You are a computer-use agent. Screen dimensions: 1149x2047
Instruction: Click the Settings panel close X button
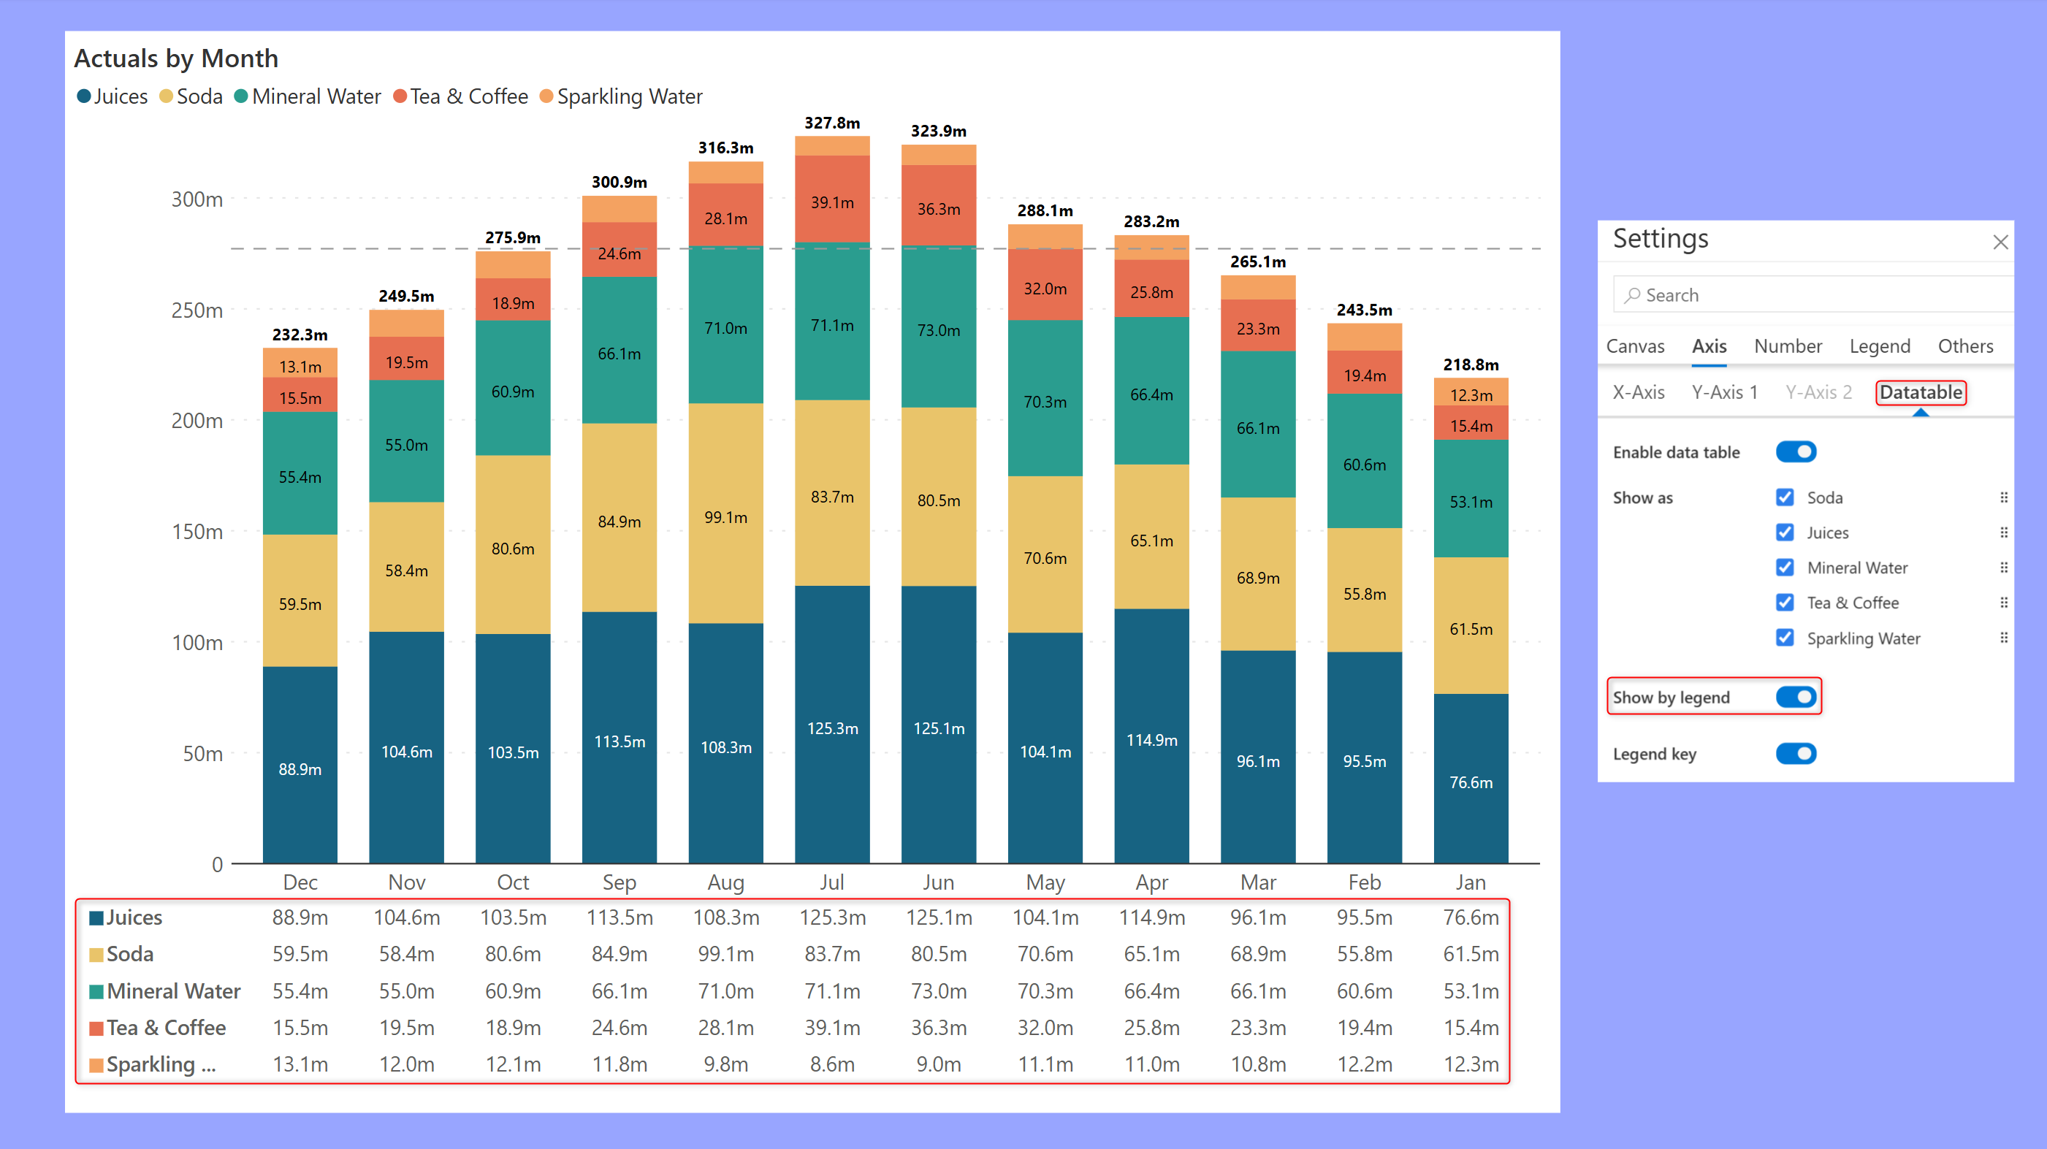(x=2000, y=243)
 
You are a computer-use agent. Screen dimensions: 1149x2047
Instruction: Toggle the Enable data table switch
(x=1795, y=452)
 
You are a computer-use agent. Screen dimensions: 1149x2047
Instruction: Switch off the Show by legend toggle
(x=1795, y=697)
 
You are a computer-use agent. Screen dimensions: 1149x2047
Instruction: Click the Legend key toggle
(x=1795, y=753)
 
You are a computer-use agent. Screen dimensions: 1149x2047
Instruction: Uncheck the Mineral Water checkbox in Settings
(x=1785, y=568)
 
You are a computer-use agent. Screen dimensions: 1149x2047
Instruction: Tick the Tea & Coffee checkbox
(x=1785, y=603)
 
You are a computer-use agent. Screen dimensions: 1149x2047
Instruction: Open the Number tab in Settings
(x=1787, y=346)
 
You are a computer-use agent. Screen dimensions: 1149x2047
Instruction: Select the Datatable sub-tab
(x=1920, y=392)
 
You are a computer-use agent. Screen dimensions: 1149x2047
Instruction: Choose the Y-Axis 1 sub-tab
(x=1723, y=392)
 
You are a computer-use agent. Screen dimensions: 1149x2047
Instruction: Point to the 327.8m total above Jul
(x=832, y=123)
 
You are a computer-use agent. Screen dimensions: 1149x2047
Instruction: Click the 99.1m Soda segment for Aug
(x=725, y=517)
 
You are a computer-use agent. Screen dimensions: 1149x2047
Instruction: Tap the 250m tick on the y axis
(x=197, y=310)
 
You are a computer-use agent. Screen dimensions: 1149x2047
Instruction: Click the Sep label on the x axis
(x=619, y=882)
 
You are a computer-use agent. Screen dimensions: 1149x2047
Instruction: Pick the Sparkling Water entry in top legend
(x=628, y=97)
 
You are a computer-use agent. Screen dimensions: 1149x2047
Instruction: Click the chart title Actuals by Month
(x=176, y=58)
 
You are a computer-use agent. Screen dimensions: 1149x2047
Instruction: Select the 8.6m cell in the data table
(x=832, y=1064)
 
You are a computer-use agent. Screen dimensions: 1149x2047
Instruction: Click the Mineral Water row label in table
(x=173, y=991)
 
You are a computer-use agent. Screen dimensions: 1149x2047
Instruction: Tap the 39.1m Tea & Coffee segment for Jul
(x=832, y=202)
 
